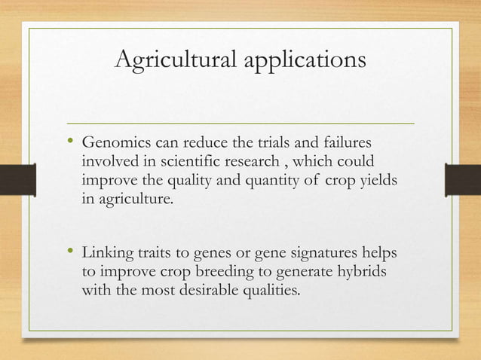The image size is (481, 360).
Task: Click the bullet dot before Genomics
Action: click(70, 142)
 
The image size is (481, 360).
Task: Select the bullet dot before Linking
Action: click(70, 252)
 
